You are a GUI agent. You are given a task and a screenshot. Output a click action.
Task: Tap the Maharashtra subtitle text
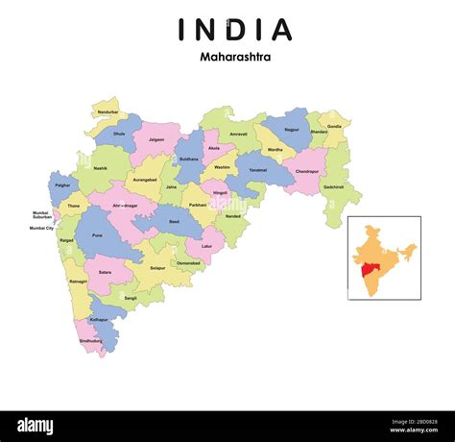pos(235,57)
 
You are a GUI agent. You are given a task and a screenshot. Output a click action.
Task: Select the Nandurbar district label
pos(108,111)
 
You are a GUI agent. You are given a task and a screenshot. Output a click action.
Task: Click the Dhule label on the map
pos(118,134)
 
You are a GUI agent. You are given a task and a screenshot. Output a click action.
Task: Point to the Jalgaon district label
pos(156,138)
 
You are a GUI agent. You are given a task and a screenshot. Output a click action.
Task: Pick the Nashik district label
pos(101,168)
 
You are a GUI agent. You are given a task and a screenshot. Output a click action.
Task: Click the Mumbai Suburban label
pos(41,214)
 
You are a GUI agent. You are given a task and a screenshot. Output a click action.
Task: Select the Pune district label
pos(96,234)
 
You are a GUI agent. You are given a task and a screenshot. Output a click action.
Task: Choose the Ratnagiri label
pos(78,282)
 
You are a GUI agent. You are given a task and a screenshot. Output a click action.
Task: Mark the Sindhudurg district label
pos(90,340)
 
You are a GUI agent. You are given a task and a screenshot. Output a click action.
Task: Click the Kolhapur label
pos(99,318)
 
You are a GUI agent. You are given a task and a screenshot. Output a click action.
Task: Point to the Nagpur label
pos(292,128)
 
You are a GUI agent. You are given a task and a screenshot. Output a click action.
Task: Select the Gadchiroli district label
pos(334,187)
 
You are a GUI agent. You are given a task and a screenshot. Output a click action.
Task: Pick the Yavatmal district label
pos(257,170)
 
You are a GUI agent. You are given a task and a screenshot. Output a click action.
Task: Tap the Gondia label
pos(333,126)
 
